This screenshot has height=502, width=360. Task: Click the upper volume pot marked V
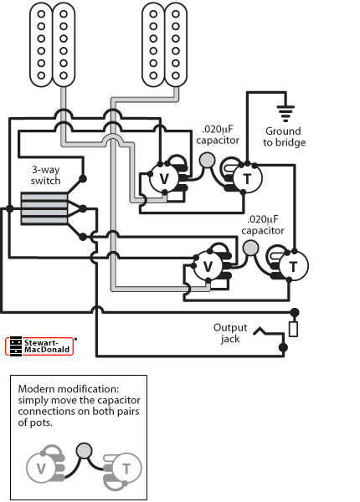164,178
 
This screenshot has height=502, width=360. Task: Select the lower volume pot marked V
208,266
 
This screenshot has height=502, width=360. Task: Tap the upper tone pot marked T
247,179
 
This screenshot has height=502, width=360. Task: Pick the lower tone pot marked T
293,266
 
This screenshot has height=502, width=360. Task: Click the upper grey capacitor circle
208,161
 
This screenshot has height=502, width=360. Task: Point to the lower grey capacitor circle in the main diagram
251,248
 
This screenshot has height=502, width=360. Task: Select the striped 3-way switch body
44,208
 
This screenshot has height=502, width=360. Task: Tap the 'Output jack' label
230,333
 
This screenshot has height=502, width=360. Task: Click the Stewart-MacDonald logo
39,346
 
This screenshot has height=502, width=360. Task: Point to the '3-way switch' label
46,175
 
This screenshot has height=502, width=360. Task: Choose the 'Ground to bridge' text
284,136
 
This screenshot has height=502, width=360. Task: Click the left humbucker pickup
53,45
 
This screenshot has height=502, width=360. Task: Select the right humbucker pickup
165,45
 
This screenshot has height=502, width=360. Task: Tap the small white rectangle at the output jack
293,330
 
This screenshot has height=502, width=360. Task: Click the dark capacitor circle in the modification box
85,450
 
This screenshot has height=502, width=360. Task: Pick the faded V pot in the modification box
41,469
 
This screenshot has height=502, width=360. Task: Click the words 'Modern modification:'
69,389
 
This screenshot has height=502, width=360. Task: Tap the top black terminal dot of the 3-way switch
83,179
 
